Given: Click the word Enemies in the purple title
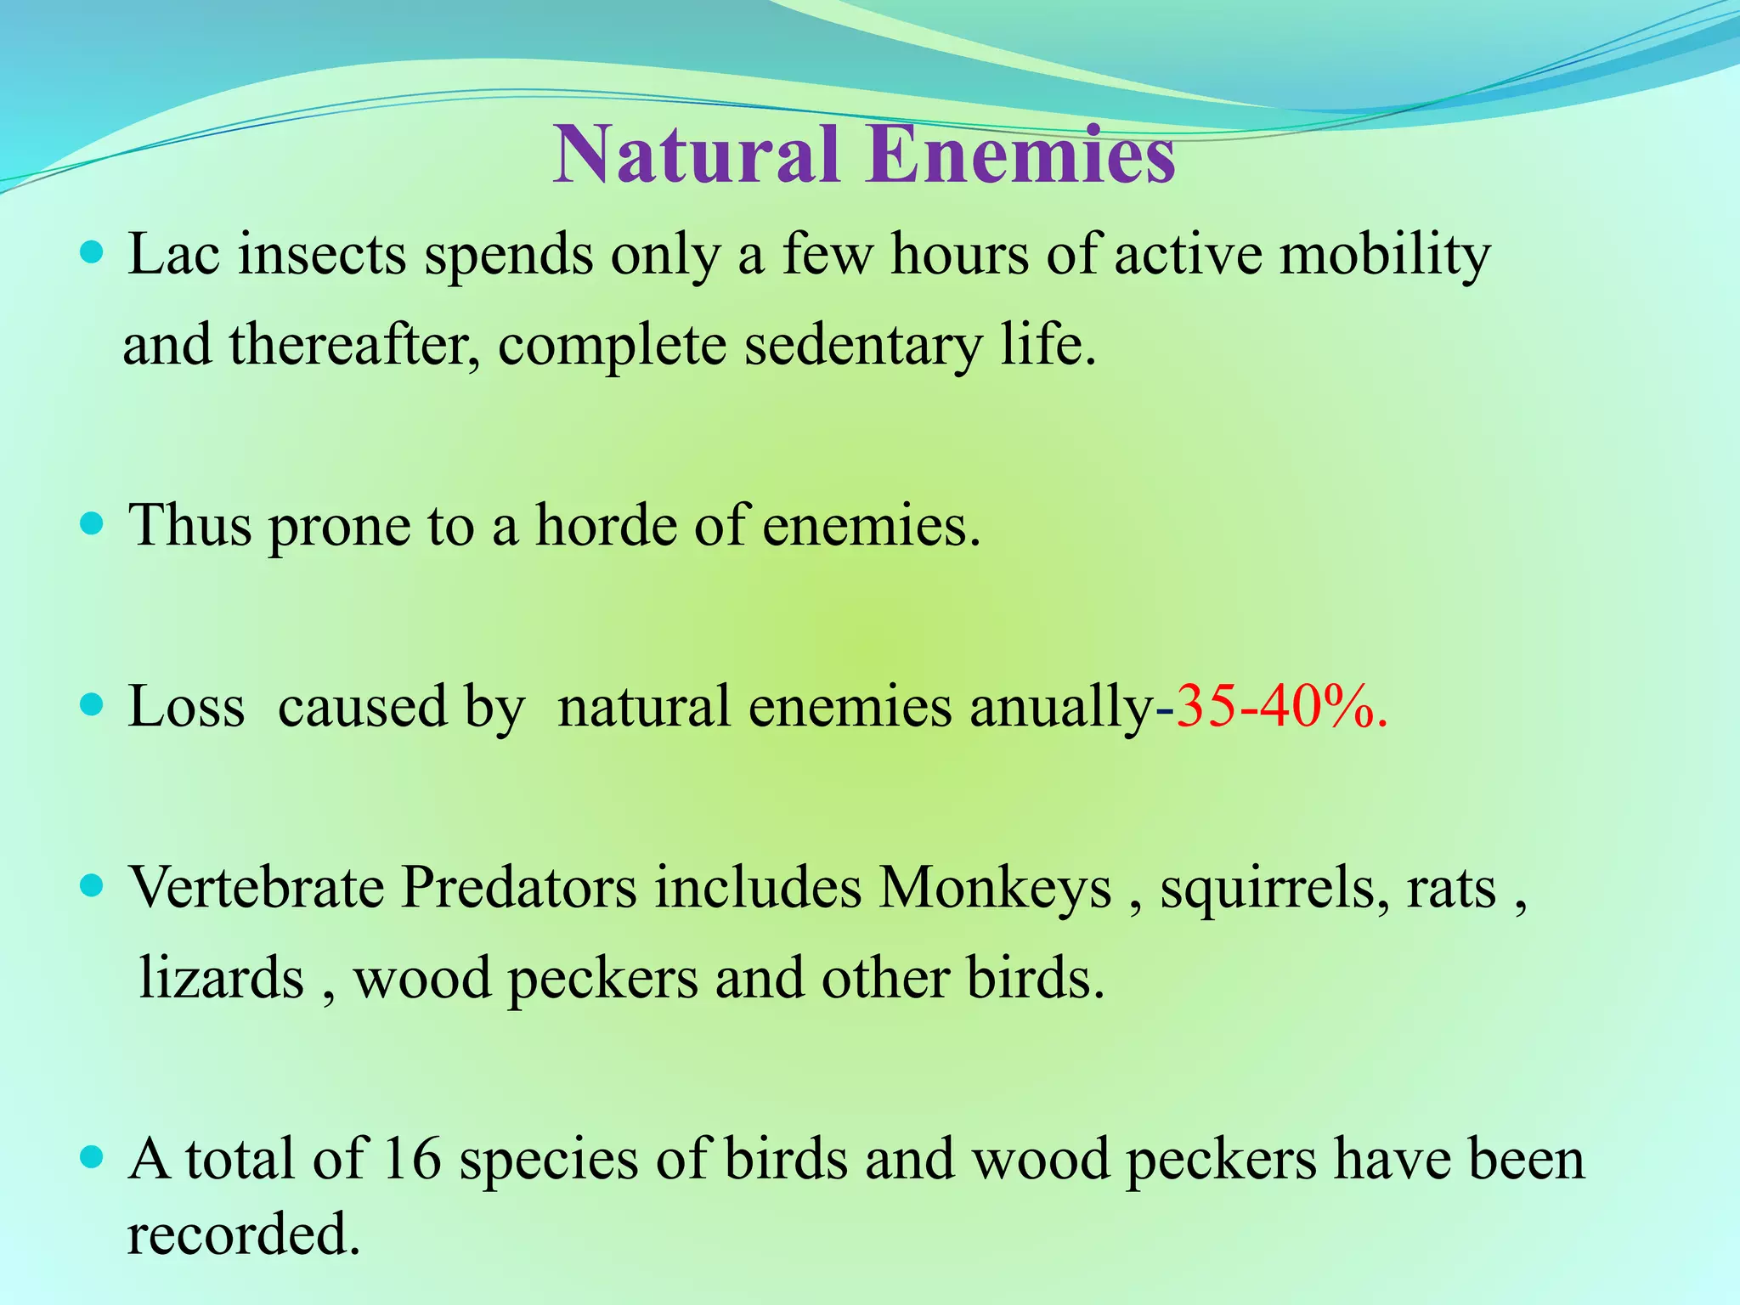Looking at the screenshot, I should [1020, 155].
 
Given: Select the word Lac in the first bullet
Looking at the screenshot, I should [173, 255].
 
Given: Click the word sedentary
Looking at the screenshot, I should [862, 346].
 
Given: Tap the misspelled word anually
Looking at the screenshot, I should [1062, 707].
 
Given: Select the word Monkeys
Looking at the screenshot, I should [995, 888].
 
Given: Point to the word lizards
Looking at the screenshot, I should [221, 978].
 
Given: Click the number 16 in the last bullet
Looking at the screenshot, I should [412, 1159].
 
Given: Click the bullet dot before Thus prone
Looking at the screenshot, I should [91, 524].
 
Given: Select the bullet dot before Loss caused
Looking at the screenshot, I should [91, 705].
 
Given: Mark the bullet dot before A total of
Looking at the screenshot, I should [91, 1157].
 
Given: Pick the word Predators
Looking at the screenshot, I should [518, 888].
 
